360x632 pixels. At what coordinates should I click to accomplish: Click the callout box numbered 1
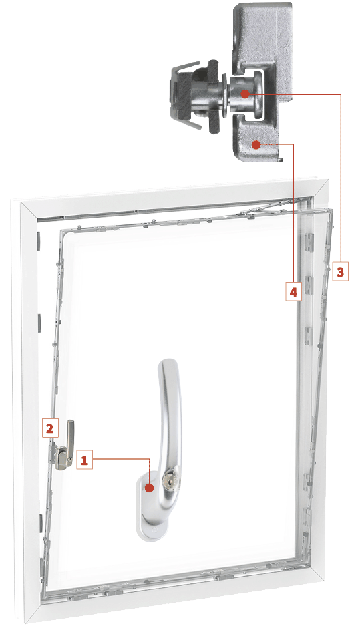click(84, 460)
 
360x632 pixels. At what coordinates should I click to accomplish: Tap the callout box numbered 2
click(50, 428)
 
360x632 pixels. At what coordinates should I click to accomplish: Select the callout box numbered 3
click(340, 272)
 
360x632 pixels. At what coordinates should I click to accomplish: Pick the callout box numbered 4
click(293, 291)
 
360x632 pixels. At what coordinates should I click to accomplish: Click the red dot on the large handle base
click(150, 488)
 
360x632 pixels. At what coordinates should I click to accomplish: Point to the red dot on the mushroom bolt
click(244, 94)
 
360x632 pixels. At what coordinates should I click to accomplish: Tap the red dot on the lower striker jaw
click(256, 144)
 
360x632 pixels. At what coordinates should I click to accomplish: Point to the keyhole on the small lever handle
click(69, 460)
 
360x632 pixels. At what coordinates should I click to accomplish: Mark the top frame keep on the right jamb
click(310, 243)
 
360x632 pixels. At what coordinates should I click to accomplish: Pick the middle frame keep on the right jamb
click(310, 286)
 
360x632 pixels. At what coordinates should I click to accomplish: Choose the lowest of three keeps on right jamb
click(309, 336)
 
